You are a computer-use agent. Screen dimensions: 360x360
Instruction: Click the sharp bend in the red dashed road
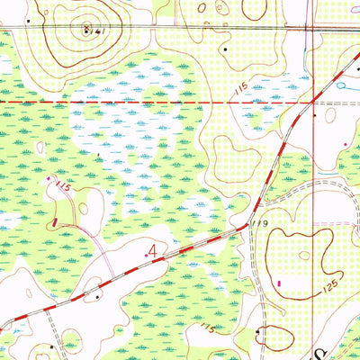[x=247, y=224]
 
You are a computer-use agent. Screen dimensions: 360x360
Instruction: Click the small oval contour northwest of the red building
[x=40, y=147]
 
